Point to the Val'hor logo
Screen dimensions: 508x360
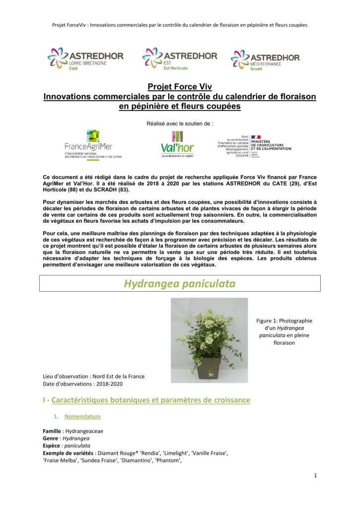click(x=177, y=144)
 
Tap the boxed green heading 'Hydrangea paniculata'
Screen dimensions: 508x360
click(x=179, y=284)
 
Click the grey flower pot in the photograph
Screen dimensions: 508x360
click(x=209, y=368)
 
